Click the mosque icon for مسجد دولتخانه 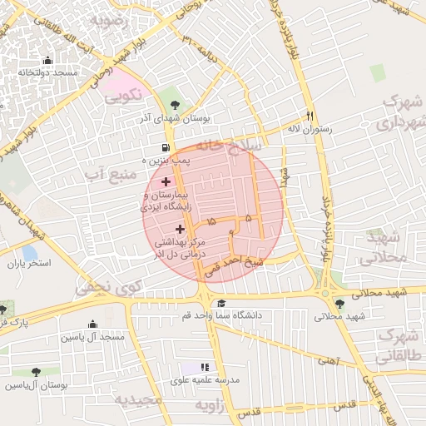[47, 60]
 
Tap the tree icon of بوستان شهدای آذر [174, 105]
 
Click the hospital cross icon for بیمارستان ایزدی [166, 181]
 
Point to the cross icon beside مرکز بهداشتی [181, 228]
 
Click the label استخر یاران [30, 264]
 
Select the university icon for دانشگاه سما [220, 303]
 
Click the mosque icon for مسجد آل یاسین [92, 324]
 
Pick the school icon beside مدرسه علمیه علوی [206, 367]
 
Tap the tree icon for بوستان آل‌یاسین [34, 373]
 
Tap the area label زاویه [210, 404]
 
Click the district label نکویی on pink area [122, 97]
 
